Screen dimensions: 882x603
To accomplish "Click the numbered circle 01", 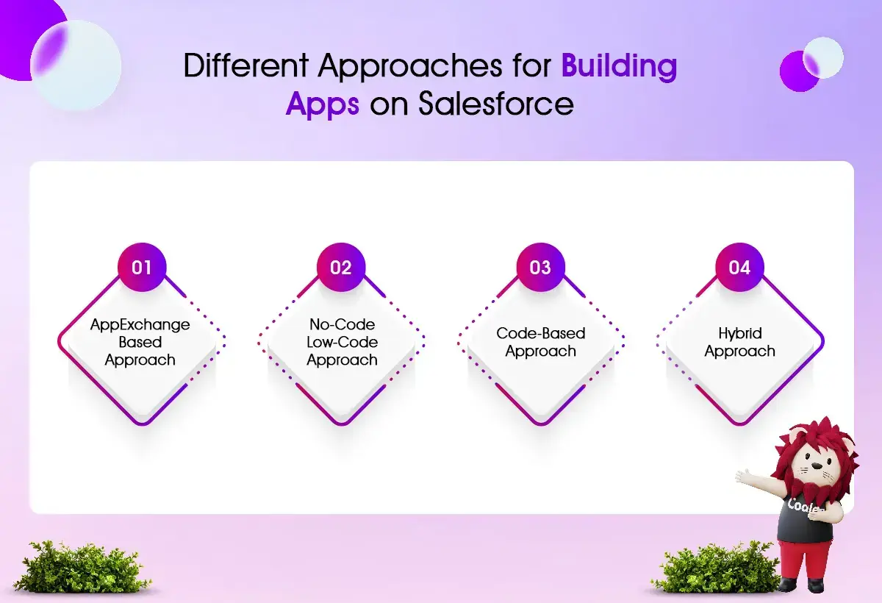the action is [x=142, y=268].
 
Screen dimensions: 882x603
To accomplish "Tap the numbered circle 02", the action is [x=341, y=268].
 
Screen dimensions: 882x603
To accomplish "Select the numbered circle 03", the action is [x=540, y=268].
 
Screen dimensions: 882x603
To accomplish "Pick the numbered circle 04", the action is [x=739, y=268].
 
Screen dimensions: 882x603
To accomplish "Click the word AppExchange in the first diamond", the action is [x=140, y=325].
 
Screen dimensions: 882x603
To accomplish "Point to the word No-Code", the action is [x=343, y=324].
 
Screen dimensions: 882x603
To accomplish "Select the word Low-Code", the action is [x=343, y=342].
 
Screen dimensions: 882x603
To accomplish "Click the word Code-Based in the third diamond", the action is [x=541, y=333].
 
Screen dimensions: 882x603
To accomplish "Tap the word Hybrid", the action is [x=740, y=334].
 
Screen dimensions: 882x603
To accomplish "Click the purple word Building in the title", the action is [x=619, y=65].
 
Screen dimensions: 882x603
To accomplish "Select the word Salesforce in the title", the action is [x=495, y=104].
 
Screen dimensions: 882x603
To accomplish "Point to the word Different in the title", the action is [x=246, y=65].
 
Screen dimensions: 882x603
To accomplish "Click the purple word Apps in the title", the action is [x=323, y=105].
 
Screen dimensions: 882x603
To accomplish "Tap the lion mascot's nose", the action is [x=817, y=466].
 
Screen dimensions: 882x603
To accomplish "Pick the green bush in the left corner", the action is [x=82, y=566].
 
